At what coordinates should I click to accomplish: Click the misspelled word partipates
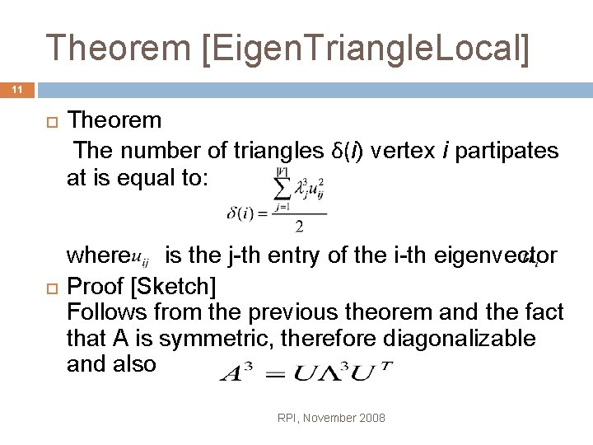[x=503, y=151]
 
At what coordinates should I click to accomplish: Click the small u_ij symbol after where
[x=142, y=259]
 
